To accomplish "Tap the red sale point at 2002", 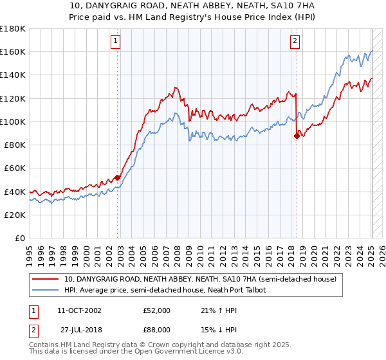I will pyautogui.click(x=118, y=177).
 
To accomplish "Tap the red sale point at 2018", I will pyautogui.click(x=297, y=136).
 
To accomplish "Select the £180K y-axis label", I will pyautogui.click(x=13, y=29).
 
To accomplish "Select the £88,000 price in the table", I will pyautogui.click(x=157, y=329).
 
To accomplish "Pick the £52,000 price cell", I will pyautogui.click(x=157, y=310).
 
